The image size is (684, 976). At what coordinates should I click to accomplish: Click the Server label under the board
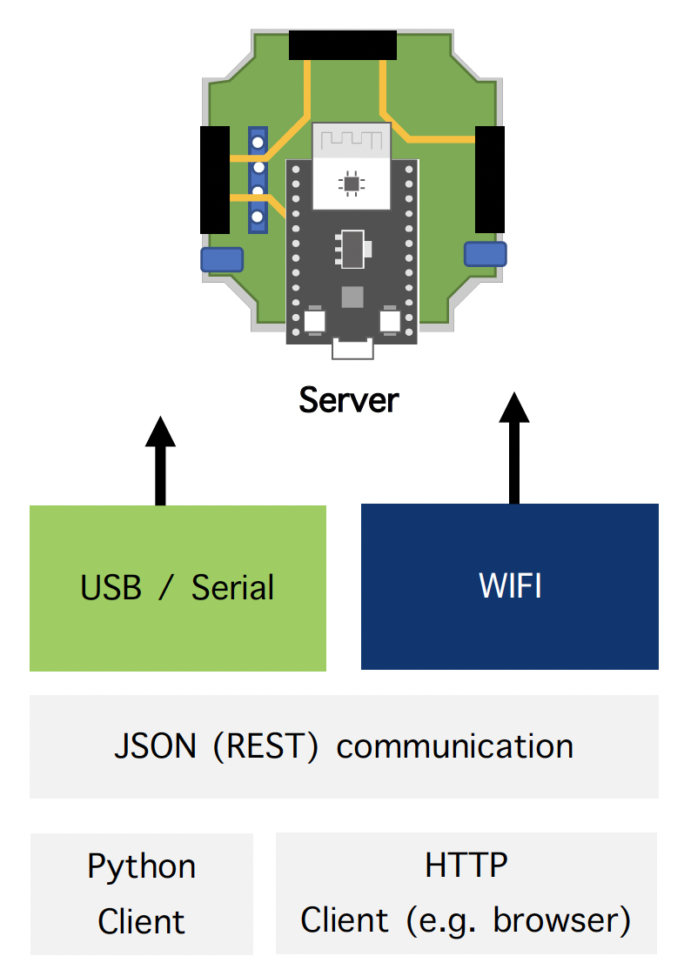coord(349,400)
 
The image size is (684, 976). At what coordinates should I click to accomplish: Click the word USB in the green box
coord(111,588)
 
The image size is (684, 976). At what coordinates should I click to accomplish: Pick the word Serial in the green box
coord(232,588)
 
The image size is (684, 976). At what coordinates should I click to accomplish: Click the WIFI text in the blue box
coord(510,586)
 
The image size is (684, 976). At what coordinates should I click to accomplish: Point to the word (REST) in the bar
coord(269,746)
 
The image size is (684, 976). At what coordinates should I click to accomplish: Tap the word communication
coord(454,746)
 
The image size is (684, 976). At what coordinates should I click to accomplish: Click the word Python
coord(142,866)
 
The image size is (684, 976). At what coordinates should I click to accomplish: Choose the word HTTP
coord(466,865)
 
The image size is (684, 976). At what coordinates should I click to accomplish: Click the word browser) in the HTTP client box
coord(561,920)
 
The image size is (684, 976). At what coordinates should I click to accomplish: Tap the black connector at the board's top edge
coord(343,44)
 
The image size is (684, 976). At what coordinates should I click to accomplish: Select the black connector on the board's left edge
coord(215,179)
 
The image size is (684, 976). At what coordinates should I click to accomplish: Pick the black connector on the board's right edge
coord(490,179)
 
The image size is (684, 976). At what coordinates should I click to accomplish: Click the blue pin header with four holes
coord(258,179)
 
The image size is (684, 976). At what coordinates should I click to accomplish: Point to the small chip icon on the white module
coord(351,183)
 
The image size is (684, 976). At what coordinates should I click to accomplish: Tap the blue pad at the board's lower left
coord(222,259)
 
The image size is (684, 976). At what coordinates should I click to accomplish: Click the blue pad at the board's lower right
coord(485,254)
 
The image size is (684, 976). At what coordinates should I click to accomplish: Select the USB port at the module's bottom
coord(352,350)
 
